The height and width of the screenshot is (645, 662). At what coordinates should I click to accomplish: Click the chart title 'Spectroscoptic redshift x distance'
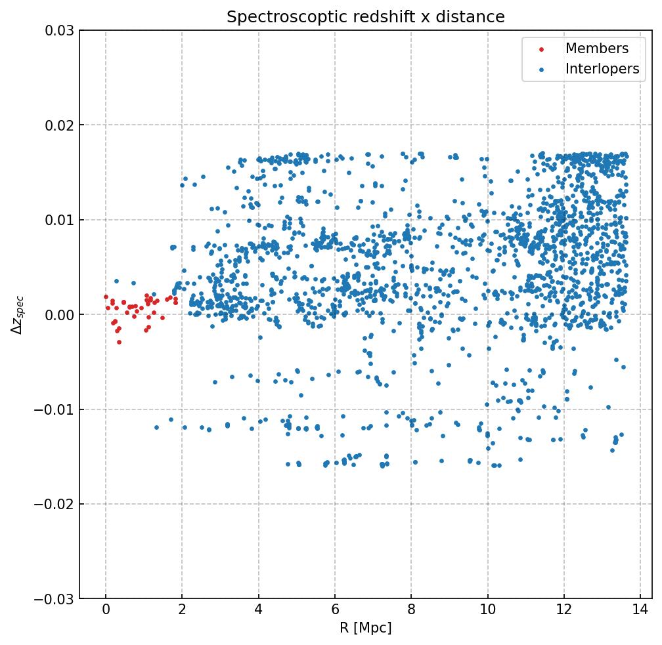pyautogui.click(x=366, y=17)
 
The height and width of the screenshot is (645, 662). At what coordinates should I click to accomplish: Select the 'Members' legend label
pyautogui.click(x=596, y=49)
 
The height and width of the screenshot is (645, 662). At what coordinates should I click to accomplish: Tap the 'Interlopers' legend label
pyautogui.click(x=602, y=69)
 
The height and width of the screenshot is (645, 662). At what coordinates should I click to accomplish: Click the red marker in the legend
pyautogui.click(x=541, y=49)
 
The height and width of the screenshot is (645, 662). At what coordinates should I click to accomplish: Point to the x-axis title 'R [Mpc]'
pyautogui.click(x=366, y=628)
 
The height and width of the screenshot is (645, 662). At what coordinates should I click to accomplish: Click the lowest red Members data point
pyautogui.click(x=119, y=342)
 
